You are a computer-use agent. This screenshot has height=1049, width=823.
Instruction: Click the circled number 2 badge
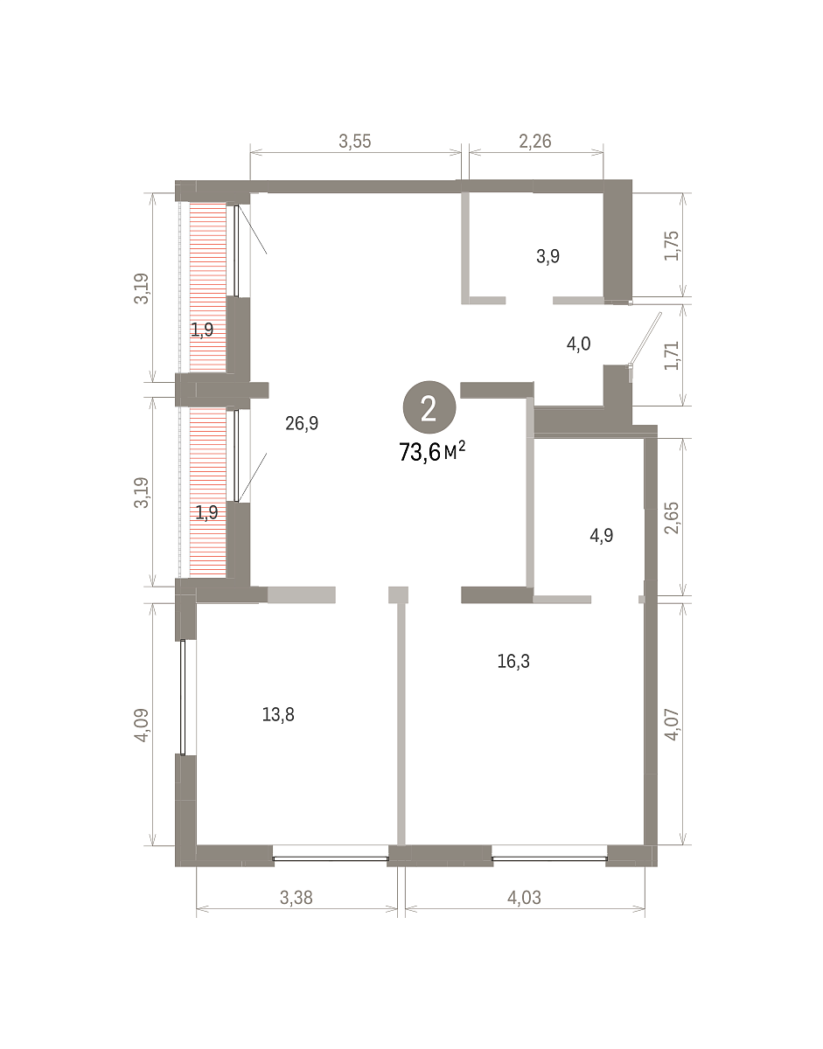tap(429, 407)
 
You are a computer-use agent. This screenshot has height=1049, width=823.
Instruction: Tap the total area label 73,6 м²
tap(432, 451)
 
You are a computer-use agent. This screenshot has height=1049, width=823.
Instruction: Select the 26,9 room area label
tap(302, 423)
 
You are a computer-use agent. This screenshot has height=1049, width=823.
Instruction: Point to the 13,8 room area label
tap(278, 714)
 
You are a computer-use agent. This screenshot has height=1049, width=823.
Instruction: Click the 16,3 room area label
tap(513, 661)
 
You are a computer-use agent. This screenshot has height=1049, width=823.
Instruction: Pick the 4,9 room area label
tap(602, 535)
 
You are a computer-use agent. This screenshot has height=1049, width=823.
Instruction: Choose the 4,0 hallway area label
tap(578, 344)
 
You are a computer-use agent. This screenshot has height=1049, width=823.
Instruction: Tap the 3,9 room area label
tap(548, 256)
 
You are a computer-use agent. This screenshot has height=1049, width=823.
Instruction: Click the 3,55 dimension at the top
tap(355, 141)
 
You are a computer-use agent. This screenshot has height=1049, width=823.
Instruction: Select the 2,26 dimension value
tap(535, 141)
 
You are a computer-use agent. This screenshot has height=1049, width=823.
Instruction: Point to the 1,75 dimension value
tap(672, 246)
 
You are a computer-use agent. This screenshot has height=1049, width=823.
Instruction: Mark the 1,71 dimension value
tap(672, 355)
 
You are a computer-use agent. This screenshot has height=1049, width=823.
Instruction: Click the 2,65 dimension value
tap(672, 518)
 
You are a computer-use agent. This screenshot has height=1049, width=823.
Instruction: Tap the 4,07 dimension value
tap(672, 725)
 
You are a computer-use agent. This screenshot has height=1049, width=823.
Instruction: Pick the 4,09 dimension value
tap(142, 725)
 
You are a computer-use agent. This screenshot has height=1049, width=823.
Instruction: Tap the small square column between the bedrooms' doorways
tap(398, 594)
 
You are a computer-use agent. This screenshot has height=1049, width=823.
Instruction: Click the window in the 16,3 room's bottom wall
tap(549, 858)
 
